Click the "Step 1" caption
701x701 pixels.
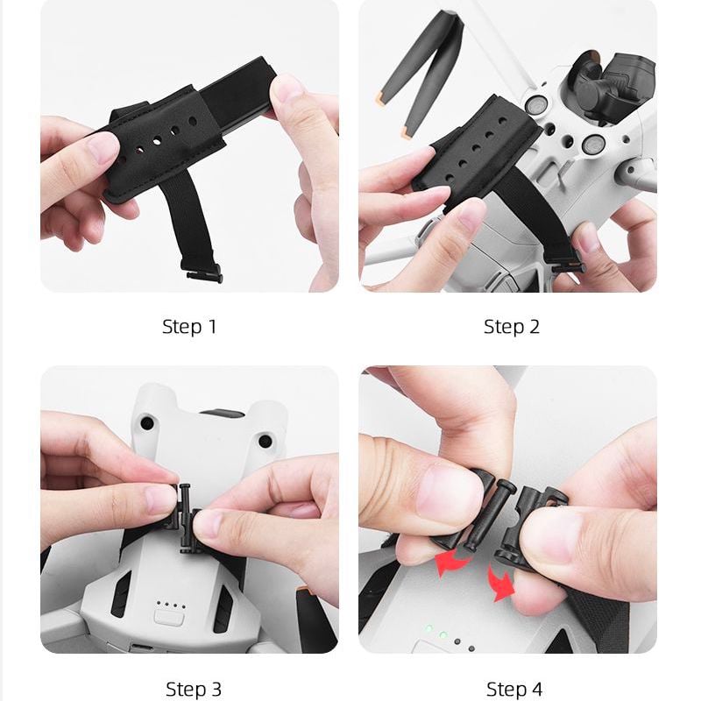pos(189,327)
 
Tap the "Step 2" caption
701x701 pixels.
pos(512,327)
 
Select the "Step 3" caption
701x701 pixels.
pos(193,689)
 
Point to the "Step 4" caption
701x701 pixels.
pos(514,689)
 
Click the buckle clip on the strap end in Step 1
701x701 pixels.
pos(203,273)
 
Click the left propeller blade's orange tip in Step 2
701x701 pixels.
pos(381,98)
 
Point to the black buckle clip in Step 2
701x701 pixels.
pos(568,267)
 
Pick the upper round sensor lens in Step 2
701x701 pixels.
pos(535,105)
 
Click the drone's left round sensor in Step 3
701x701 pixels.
pos(146,422)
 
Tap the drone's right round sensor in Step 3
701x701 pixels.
pos(266,442)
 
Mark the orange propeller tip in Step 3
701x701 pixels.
pos(302,592)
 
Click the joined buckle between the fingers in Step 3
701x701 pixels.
pos(184,518)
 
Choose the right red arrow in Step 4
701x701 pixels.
pos(500,584)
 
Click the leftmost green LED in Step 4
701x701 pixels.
pos(429,628)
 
